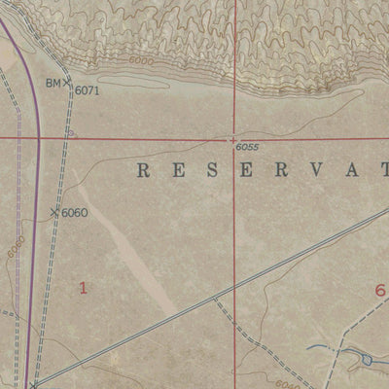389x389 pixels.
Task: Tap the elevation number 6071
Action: (x=88, y=90)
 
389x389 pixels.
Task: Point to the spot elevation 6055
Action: (x=247, y=147)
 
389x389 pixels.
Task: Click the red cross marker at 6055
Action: (x=233, y=138)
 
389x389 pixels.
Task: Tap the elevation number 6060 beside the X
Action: (x=75, y=213)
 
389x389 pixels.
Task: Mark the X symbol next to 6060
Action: (x=53, y=211)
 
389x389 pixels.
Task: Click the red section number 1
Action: (x=84, y=287)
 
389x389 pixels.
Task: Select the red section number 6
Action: (x=379, y=290)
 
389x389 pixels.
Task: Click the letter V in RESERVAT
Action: (x=311, y=171)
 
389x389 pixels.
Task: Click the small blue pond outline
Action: (x=367, y=361)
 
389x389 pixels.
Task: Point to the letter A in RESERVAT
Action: (x=345, y=171)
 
